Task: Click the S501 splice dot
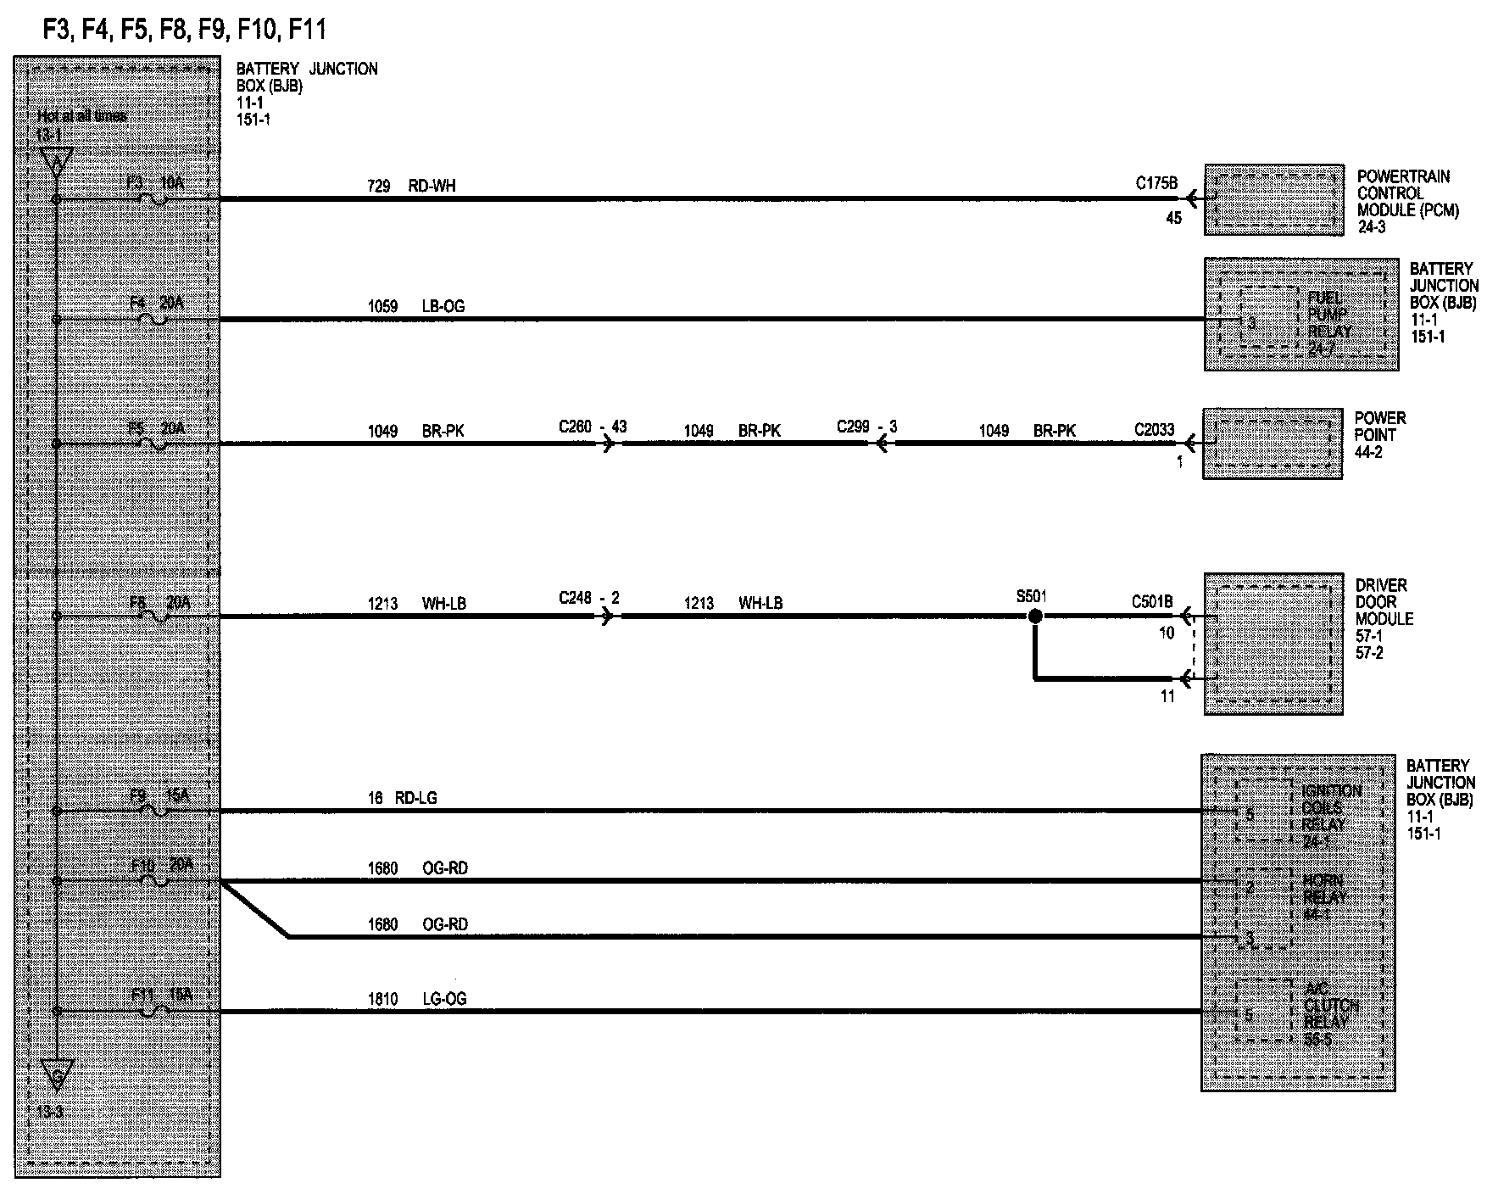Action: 1034,617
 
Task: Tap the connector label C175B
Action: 1156,182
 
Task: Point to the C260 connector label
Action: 575,427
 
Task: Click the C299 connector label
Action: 853,427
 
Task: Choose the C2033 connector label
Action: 1155,430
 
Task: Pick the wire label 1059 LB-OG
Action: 415,306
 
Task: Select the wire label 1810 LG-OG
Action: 416,999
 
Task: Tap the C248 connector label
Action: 575,598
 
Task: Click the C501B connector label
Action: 1151,602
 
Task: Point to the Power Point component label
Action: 1380,435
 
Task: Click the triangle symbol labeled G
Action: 57,1075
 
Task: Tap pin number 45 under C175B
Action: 1173,218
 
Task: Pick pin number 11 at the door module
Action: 1167,696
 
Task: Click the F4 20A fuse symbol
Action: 157,320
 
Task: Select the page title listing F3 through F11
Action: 184,31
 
